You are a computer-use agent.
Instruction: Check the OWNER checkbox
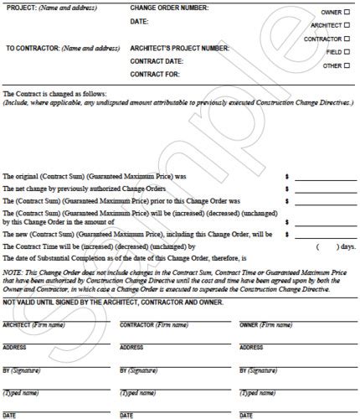pyautogui.click(x=347, y=13)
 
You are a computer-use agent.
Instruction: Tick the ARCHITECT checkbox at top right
pyautogui.click(x=347, y=25)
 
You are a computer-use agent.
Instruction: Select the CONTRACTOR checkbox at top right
pyautogui.click(x=347, y=39)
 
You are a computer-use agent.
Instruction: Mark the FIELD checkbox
pyautogui.click(x=347, y=52)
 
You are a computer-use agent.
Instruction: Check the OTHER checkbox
pyautogui.click(x=347, y=65)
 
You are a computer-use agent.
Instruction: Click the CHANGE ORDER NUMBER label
pyautogui.click(x=170, y=8)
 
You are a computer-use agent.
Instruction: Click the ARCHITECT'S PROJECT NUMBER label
pyautogui.click(x=179, y=48)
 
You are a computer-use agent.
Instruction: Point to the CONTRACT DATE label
pyautogui.click(x=156, y=61)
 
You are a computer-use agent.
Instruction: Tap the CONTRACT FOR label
pyautogui.click(x=154, y=75)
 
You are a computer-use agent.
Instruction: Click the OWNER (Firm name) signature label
pyautogui.click(x=265, y=324)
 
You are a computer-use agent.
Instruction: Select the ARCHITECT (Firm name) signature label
pyautogui.click(x=34, y=324)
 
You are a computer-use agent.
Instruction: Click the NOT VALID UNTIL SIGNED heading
pyautogui.click(x=113, y=302)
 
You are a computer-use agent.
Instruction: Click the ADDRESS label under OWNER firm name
pyautogui.click(x=251, y=347)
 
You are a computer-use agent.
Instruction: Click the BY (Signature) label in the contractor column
pyautogui.click(x=139, y=370)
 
